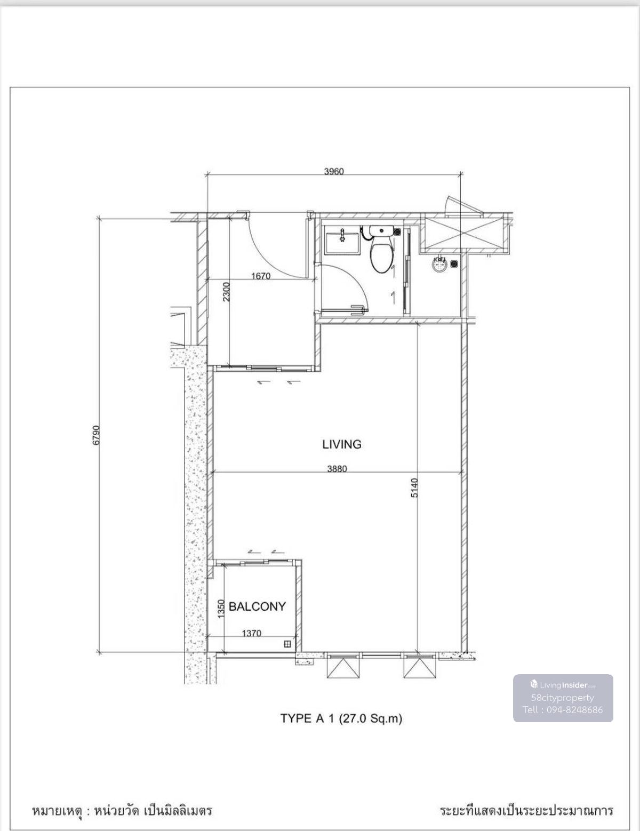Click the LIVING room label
click(x=342, y=444)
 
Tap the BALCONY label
click(x=257, y=606)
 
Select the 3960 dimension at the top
click(x=334, y=171)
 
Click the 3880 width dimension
click(x=337, y=468)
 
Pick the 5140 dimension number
click(x=414, y=488)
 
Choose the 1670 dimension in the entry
click(x=261, y=276)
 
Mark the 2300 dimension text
click(x=226, y=292)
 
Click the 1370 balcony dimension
click(x=252, y=633)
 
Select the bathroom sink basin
click(x=342, y=239)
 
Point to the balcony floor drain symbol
click(x=287, y=644)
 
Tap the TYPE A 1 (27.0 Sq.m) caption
click(x=341, y=718)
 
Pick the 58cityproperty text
click(x=562, y=698)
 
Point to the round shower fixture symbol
click(x=440, y=265)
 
